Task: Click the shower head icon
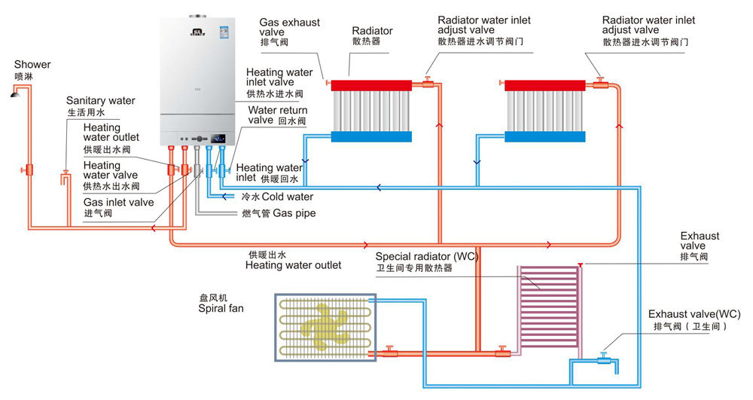click(14, 93)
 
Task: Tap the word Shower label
click(32, 65)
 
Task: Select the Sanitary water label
click(100, 101)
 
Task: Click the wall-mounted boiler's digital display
click(219, 139)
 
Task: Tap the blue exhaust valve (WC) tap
click(603, 358)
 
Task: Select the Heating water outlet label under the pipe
click(293, 265)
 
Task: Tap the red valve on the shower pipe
click(29, 169)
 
